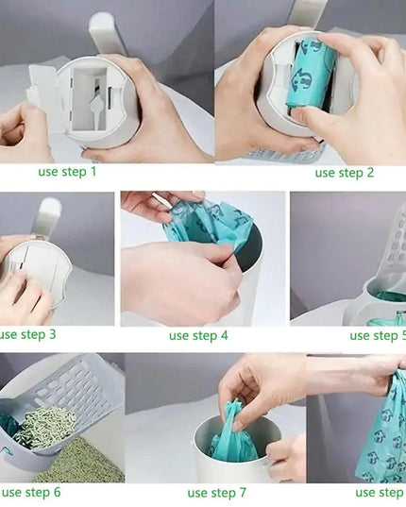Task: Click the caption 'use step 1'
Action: point(67,171)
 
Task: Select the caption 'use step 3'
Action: point(27,333)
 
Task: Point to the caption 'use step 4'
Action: point(198,335)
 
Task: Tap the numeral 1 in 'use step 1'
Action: point(93,171)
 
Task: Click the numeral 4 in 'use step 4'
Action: point(224,335)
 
